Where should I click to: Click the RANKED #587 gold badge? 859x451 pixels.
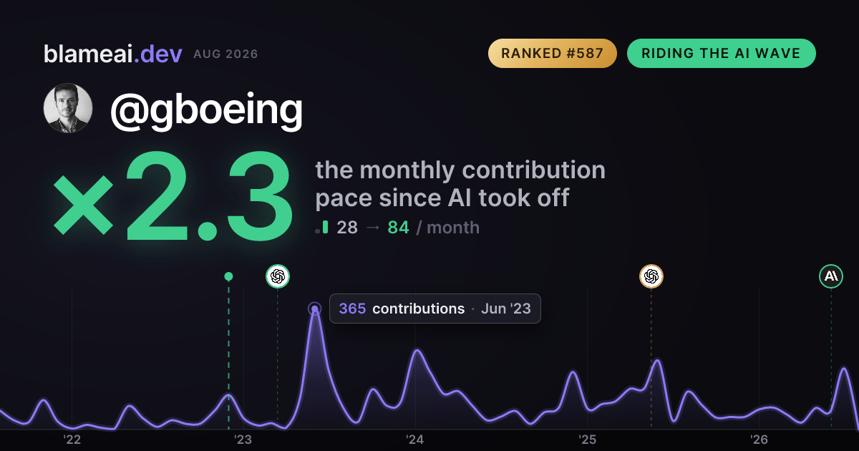pos(552,53)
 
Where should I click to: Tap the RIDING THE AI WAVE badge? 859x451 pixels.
pos(722,53)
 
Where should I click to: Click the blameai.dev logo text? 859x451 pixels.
pos(113,54)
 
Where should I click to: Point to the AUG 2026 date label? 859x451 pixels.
pos(225,54)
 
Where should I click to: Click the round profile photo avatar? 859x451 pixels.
pos(68,108)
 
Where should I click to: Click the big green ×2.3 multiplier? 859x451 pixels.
pos(173,195)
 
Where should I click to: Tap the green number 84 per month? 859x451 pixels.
pos(399,228)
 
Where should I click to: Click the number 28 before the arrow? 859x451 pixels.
pos(347,228)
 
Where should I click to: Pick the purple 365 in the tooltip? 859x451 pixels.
pos(352,309)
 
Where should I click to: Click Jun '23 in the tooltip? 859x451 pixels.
pos(506,309)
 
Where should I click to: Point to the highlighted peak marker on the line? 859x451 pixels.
pos(314,309)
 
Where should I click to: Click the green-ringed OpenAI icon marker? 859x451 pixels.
pos(278,276)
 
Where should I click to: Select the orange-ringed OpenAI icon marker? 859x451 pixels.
pos(651,276)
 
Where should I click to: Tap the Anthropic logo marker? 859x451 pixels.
pos(831,276)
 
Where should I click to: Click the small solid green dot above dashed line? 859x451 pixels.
pos(228,276)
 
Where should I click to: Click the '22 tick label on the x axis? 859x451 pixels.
pos(72,440)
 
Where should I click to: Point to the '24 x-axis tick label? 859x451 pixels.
pos(415,440)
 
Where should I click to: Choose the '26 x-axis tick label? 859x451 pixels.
pos(759,440)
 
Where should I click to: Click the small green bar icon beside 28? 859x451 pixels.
pos(326,227)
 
